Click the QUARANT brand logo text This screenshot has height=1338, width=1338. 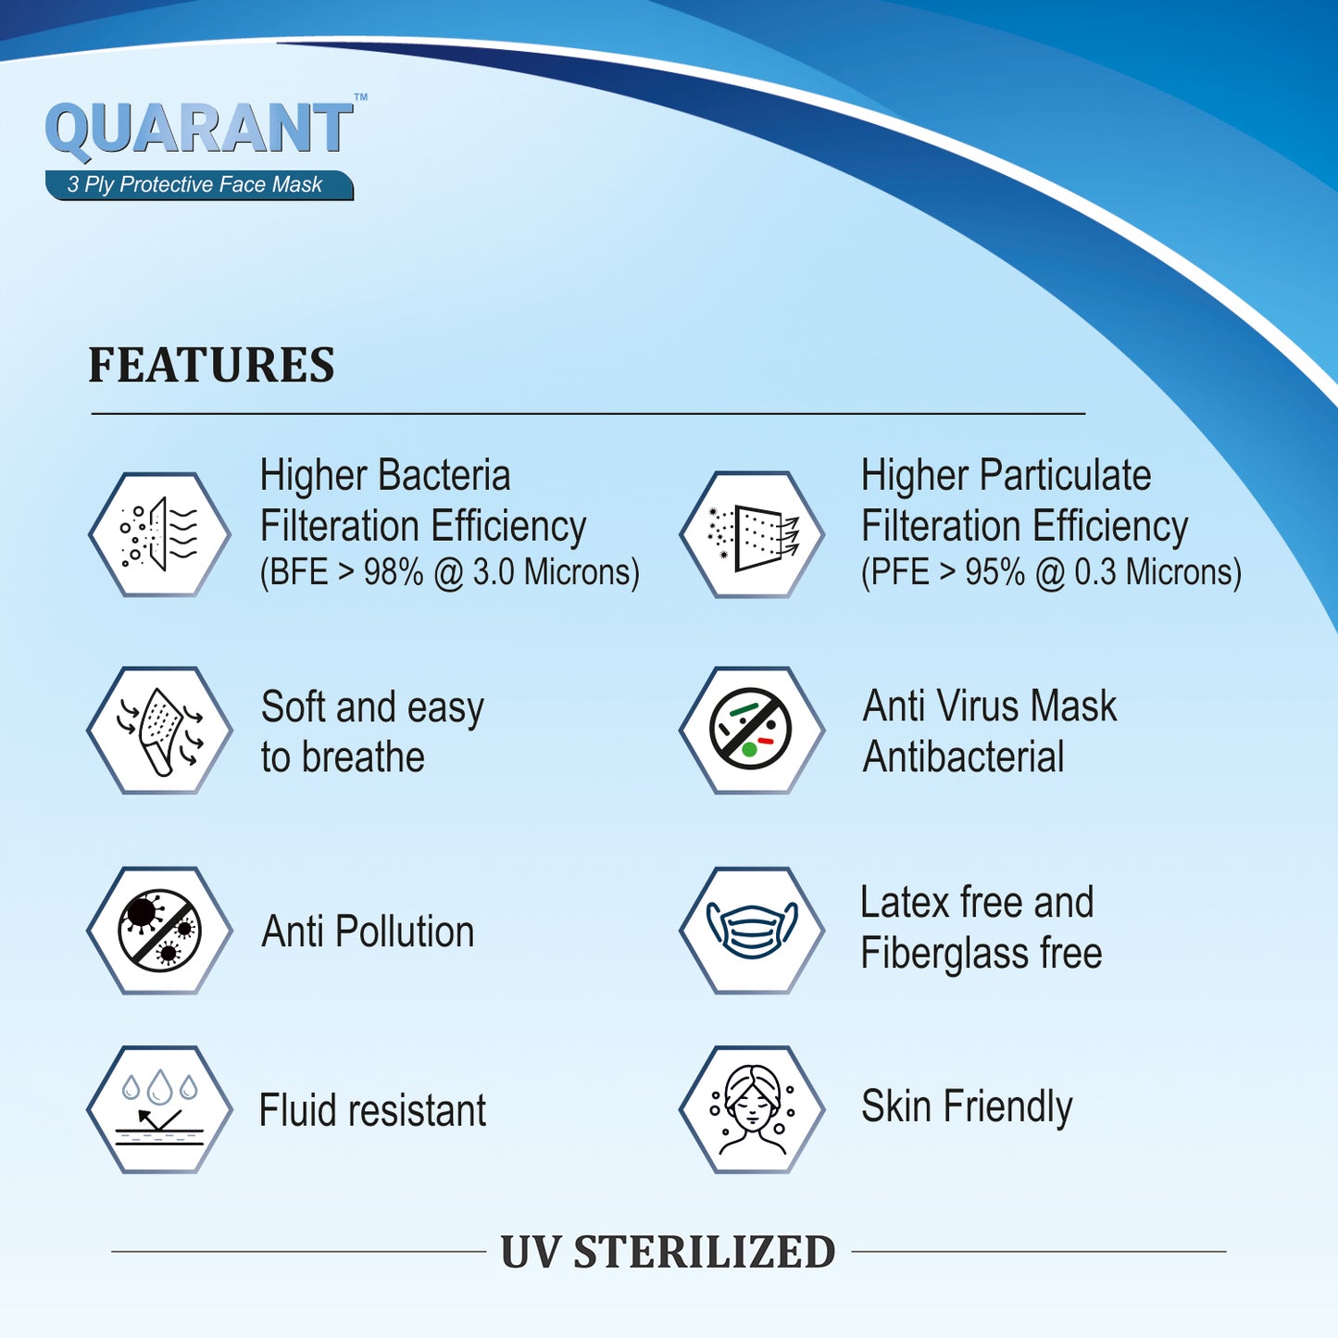(199, 129)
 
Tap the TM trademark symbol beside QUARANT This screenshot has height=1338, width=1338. (361, 97)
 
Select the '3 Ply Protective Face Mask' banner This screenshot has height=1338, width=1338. (199, 184)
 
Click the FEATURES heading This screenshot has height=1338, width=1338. (211, 365)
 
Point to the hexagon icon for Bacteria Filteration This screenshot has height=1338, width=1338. (159, 534)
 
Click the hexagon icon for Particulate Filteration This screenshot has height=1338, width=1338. (752, 534)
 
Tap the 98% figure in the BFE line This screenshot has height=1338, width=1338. (393, 573)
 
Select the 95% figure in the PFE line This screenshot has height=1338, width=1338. (994, 573)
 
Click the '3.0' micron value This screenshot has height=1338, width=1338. (494, 573)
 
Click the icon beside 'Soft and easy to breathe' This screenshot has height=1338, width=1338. (159, 731)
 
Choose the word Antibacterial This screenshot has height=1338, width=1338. (963, 757)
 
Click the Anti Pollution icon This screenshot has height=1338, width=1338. (159, 931)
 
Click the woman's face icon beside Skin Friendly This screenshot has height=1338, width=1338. (752, 1109)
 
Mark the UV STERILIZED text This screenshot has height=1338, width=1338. (668, 1252)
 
